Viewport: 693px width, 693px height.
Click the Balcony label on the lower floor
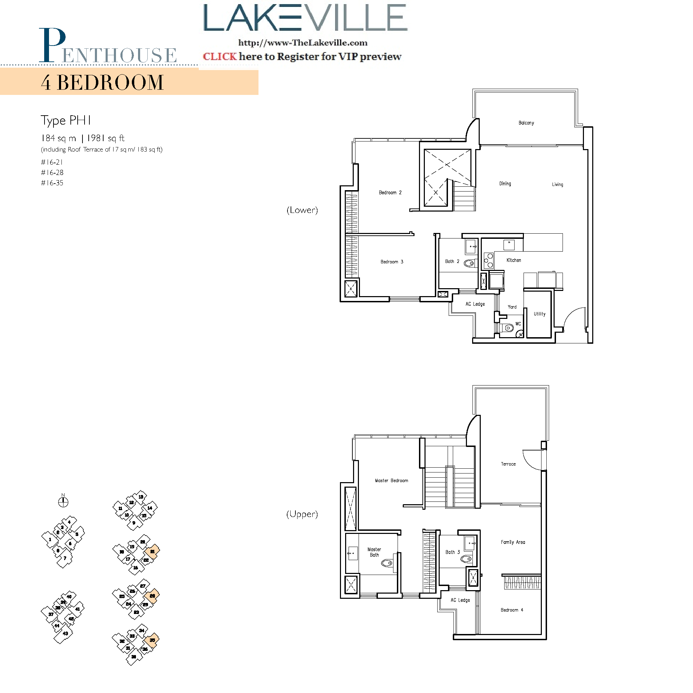(x=526, y=123)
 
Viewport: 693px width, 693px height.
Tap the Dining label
(x=505, y=183)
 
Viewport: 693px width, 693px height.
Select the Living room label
(x=557, y=184)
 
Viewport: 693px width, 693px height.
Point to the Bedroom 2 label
(x=390, y=192)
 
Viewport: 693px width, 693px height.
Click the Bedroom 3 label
(x=392, y=262)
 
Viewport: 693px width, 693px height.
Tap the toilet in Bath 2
(x=469, y=263)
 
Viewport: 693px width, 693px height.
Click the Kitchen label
(x=513, y=260)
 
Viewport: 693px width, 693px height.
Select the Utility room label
(x=539, y=313)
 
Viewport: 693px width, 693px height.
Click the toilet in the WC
(x=508, y=328)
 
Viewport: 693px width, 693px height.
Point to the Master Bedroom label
(x=391, y=480)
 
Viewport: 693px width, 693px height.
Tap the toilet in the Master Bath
(x=387, y=563)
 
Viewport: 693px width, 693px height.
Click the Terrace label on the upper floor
(x=508, y=464)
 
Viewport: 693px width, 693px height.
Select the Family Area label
(x=513, y=542)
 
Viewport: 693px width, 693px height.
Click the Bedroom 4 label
(x=511, y=610)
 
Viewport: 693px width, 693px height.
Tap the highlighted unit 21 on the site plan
(x=153, y=551)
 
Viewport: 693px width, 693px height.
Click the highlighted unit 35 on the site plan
(x=152, y=640)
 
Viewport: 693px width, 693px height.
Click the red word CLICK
(x=219, y=56)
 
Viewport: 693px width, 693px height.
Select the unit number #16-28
(x=52, y=173)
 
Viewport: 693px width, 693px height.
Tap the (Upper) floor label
(x=302, y=514)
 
